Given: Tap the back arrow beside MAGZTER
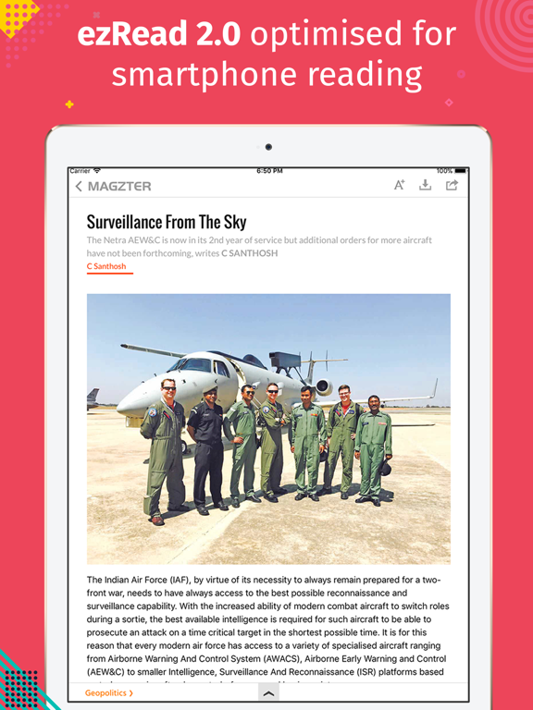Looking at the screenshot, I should [x=79, y=186].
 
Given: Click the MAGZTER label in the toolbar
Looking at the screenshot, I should [x=119, y=186].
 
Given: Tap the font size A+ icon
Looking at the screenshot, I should [x=400, y=185].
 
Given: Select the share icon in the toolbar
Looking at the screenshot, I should [x=452, y=185].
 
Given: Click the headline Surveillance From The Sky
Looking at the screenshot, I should [x=167, y=222].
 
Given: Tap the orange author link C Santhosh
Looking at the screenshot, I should [x=106, y=266].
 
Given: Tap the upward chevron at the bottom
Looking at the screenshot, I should [x=267, y=692].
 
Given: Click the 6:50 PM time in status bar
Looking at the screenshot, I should [x=269, y=171].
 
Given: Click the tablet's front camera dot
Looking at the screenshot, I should [x=268, y=147].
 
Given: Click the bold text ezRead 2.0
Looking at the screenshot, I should [x=158, y=34].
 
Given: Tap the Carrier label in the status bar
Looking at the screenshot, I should [x=81, y=171].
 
